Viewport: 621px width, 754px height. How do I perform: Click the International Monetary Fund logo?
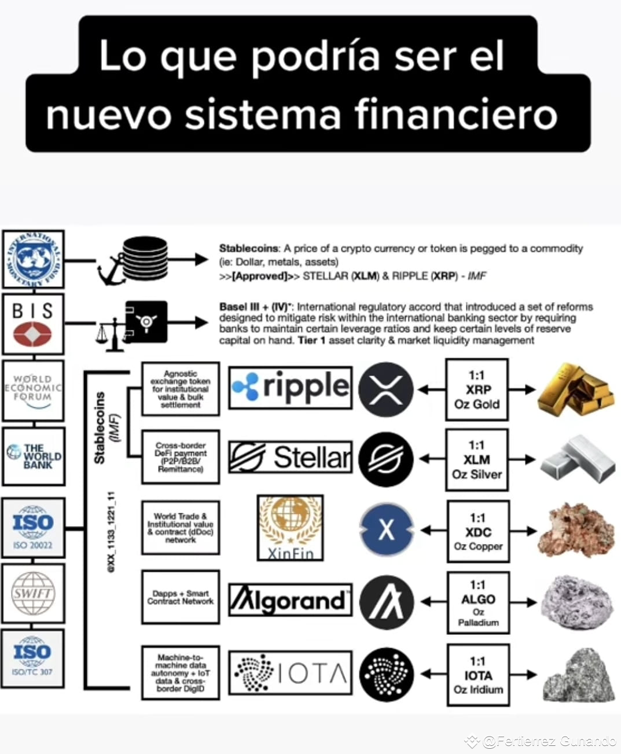click(33, 259)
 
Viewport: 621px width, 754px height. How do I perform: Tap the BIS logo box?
click(33, 323)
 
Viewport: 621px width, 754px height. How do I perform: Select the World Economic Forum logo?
click(33, 390)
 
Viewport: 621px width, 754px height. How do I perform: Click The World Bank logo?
click(34, 456)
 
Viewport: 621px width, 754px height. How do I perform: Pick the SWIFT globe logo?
click(33, 594)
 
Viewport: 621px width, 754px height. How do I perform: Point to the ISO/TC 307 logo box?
click(32, 658)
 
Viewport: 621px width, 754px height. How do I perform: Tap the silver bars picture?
click(578, 459)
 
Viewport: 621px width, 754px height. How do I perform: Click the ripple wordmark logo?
click(290, 388)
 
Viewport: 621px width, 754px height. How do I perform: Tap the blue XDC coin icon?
click(386, 529)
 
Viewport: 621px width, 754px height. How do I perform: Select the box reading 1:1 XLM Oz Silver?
click(477, 460)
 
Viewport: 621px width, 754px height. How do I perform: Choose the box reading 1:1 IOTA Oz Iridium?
click(478, 675)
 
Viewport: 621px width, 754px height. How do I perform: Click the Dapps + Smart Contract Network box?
click(181, 597)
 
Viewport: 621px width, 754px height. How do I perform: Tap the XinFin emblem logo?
click(290, 527)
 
